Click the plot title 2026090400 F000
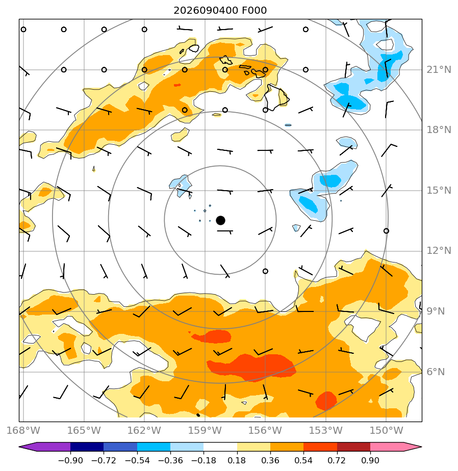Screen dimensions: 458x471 tap(220, 11)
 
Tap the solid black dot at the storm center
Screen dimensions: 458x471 tap(221, 220)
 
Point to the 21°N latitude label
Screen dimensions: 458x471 tap(439, 70)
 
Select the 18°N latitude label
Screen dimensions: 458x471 tap(439, 130)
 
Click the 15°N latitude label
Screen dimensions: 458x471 tap(439, 191)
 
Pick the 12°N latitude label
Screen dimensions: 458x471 tap(439, 250)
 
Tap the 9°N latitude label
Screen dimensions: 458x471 tap(436, 311)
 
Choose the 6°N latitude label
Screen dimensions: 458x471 tap(436, 372)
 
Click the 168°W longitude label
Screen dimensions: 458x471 tap(23, 430)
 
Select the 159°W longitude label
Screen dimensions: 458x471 tap(205, 430)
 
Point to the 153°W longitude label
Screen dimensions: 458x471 tap(326, 430)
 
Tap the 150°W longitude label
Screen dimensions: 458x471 tap(386, 430)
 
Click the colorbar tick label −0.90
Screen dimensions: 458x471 tap(70, 460)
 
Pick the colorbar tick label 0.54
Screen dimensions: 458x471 tap(303, 460)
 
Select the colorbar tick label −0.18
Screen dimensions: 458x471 tap(203, 460)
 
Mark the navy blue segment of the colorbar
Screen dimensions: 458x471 tap(87, 447)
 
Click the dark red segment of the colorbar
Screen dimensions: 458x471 tap(353, 447)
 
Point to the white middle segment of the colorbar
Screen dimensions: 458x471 tap(220, 447)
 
